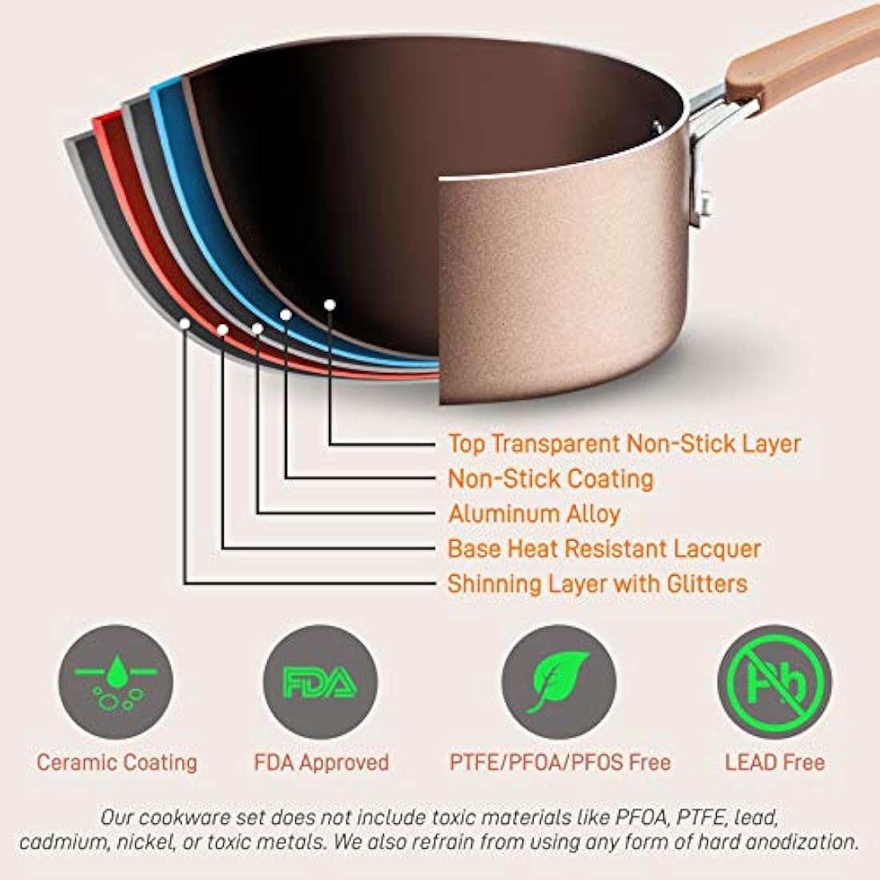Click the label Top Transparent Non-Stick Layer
624,444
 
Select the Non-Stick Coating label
550,478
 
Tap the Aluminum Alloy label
534,514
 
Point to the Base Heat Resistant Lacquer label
604,548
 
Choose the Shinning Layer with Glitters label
597,584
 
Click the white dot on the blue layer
286,315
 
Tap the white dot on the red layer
222,330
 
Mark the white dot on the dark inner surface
330,305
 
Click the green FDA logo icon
320,682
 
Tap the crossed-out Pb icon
774,682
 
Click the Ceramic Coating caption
117,762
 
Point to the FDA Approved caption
321,762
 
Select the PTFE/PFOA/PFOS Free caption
560,762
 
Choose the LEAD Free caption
774,762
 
